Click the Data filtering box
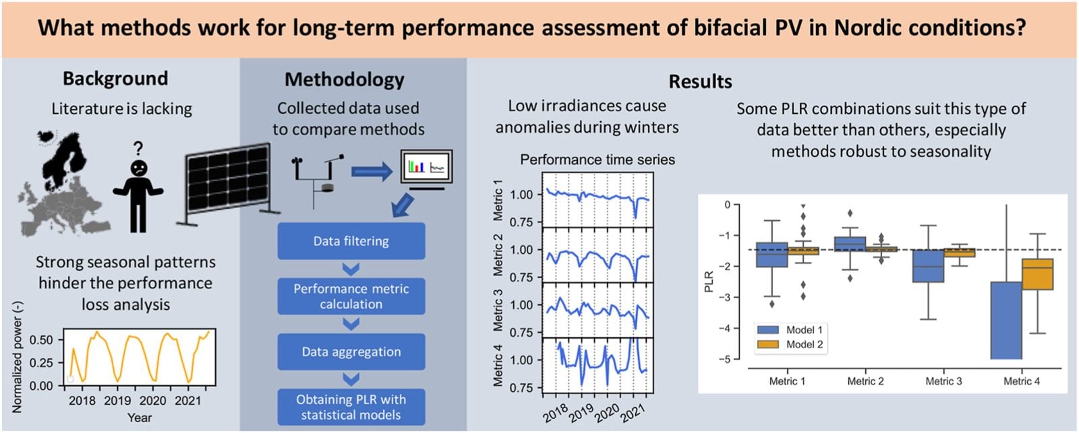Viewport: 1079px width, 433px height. coord(351,241)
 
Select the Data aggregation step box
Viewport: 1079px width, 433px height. coord(351,352)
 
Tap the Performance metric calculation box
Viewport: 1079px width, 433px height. coord(351,296)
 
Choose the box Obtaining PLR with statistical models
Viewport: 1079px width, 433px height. coord(351,407)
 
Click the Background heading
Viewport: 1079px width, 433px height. coord(115,78)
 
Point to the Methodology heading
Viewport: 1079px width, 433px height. coord(344,79)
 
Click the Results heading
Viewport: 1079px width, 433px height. coord(700,81)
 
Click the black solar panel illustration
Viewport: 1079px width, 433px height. coord(228,182)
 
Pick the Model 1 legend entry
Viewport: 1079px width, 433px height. coord(789,330)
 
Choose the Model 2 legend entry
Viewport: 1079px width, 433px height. coord(789,344)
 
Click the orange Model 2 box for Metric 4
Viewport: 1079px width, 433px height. coord(1037,274)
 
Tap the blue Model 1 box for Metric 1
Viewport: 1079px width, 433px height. coord(771,255)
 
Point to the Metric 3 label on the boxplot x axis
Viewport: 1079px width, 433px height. coord(943,381)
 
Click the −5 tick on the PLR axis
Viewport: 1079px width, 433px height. coord(726,359)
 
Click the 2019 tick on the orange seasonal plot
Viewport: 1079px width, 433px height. coord(117,401)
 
